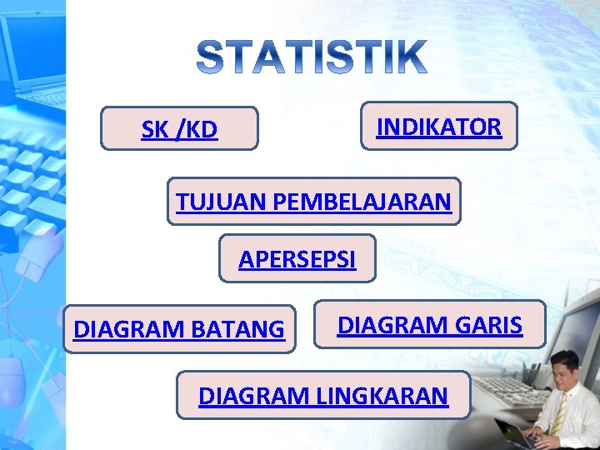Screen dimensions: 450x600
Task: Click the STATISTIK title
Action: (312, 57)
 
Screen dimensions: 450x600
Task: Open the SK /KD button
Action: (179, 129)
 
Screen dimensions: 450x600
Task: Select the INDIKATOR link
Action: (438, 127)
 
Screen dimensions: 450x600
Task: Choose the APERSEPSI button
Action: (297, 260)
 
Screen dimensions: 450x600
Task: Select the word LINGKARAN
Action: (382, 396)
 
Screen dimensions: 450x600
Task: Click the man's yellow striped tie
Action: (558, 414)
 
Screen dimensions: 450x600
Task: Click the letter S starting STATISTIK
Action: (212, 57)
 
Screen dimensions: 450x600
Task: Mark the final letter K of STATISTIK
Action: (410, 57)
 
